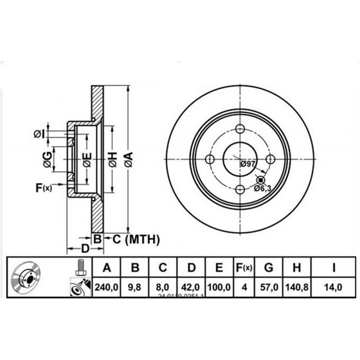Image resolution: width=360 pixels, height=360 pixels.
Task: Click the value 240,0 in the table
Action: [107, 287]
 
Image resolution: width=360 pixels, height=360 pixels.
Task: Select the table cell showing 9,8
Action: [135, 287]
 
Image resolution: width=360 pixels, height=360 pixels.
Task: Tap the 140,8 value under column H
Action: [296, 287]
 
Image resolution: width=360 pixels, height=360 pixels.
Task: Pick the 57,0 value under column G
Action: [268, 287]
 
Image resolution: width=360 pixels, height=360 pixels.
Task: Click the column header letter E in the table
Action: [219, 268]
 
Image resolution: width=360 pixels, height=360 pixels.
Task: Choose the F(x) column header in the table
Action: [244, 268]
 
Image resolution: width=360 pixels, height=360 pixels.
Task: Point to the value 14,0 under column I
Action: [333, 287]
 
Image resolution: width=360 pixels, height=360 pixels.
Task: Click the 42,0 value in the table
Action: [191, 287]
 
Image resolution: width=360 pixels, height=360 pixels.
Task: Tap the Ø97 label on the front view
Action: [248, 164]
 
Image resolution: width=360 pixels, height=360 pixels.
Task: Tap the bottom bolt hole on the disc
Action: [240, 189]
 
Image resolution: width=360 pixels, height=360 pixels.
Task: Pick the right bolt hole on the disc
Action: [270, 159]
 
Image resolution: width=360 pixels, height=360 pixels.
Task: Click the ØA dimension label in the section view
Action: [129, 160]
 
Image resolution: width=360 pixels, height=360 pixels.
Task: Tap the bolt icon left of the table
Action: [81, 268]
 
